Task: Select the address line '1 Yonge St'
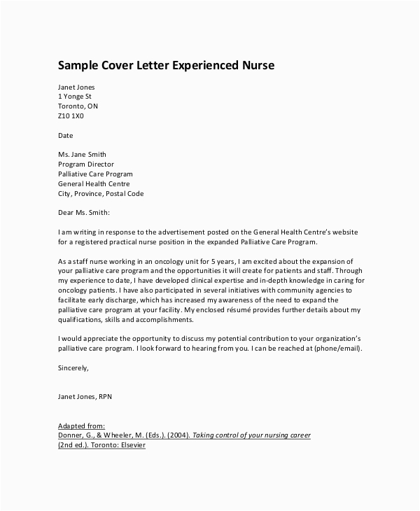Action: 75,96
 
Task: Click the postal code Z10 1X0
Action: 71,115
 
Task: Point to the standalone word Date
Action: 65,135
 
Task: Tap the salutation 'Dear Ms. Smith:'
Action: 84,212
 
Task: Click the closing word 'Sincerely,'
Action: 73,367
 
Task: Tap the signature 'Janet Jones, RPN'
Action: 85,397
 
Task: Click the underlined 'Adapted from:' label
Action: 81,426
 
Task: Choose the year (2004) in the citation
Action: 178,435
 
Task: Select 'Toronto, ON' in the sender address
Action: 78,106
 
